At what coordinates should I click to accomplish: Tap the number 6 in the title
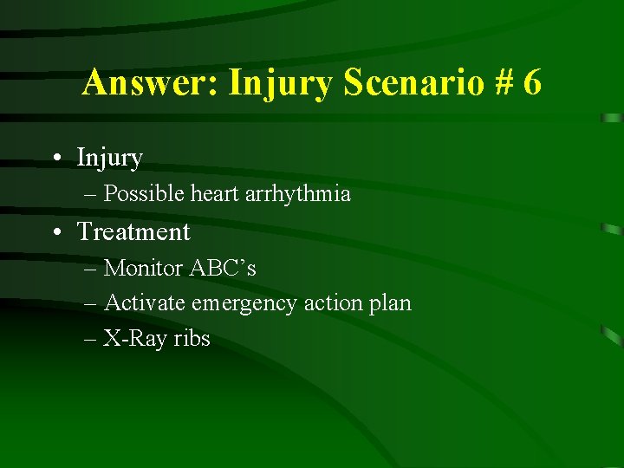(531, 83)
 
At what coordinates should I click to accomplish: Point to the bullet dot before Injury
(55, 159)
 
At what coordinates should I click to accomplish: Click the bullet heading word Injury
(109, 159)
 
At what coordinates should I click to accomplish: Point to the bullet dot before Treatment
(55, 232)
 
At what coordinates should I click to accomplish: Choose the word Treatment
(133, 232)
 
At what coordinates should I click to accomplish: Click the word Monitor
(140, 269)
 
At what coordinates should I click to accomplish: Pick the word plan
(390, 303)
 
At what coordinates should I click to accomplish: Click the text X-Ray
(135, 339)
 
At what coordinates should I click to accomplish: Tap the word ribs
(192, 339)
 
